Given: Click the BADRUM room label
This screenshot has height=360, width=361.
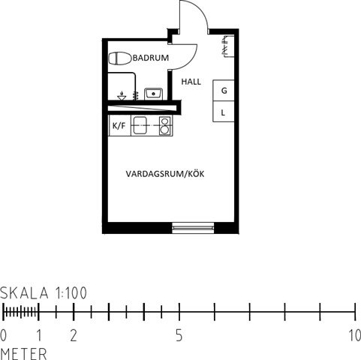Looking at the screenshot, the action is pyautogui.click(x=151, y=58).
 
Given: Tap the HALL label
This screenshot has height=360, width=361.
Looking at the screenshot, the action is pyautogui.click(x=191, y=82).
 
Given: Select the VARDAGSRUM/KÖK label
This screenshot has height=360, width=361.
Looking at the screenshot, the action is pyautogui.click(x=165, y=174).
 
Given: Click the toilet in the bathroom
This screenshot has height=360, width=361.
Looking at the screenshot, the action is pyautogui.click(x=120, y=58).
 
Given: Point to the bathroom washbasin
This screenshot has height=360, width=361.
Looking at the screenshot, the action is pyautogui.click(x=153, y=94).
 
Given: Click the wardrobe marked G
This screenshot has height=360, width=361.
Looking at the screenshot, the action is pyautogui.click(x=224, y=90).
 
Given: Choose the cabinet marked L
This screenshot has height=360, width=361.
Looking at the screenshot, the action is pyautogui.click(x=224, y=112).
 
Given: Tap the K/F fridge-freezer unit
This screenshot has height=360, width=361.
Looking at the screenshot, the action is pyautogui.click(x=119, y=125).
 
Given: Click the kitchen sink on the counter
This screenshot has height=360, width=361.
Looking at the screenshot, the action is pyautogui.click(x=140, y=125).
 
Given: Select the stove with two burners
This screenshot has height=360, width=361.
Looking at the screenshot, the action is pyautogui.click(x=165, y=125).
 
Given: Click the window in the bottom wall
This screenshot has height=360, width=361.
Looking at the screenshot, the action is pyautogui.click(x=193, y=228).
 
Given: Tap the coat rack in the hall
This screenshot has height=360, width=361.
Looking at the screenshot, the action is pyautogui.click(x=228, y=46).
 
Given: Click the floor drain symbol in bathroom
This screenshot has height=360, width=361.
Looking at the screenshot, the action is pyautogui.click(x=122, y=96).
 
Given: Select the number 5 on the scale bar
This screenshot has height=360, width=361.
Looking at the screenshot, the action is pyautogui.click(x=179, y=335).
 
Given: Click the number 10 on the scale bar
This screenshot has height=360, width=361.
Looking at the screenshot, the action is pyautogui.click(x=355, y=335).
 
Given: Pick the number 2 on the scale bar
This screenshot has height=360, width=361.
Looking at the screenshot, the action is pyautogui.click(x=74, y=335).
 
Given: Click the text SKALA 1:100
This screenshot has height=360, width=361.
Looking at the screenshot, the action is pyautogui.click(x=44, y=293).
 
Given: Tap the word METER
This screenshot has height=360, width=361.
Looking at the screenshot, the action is pyautogui.click(x=24, y=354).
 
